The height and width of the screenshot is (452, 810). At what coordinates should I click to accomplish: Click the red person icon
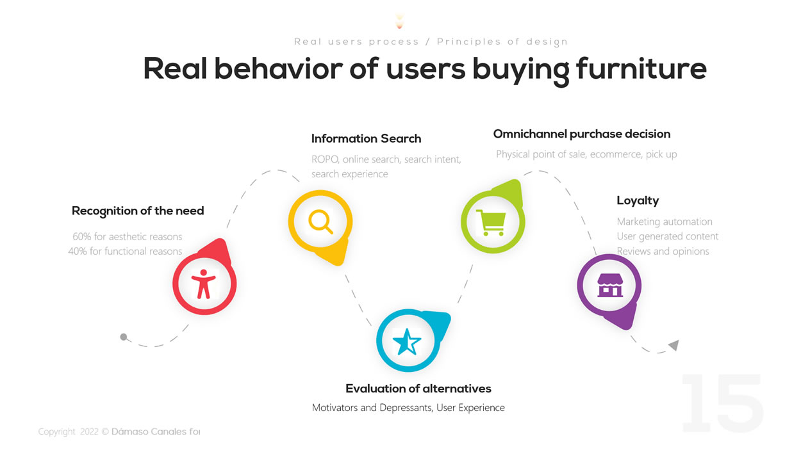(204, 284)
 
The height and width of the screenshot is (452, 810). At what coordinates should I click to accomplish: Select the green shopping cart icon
(491, 223)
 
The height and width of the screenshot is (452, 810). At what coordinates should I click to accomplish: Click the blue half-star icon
(407, 342)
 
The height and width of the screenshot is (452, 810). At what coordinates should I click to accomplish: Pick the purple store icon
(610, 285)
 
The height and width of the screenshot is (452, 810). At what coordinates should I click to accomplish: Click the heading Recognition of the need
(138, 211)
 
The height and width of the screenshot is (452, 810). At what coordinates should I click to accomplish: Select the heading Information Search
(367, 139)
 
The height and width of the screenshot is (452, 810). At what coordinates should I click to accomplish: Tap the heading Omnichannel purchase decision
(582, 134)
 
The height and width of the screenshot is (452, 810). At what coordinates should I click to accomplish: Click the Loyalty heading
(638, 201)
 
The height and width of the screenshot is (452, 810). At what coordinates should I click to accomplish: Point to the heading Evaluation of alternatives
(418, 389)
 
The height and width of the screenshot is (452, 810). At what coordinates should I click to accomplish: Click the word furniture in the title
(641, 69)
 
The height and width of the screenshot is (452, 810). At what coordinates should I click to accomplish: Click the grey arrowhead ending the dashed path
(674, 345)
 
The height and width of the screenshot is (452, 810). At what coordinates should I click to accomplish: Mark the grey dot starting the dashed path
(124, 337)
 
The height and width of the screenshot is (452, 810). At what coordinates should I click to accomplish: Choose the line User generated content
(668, 237)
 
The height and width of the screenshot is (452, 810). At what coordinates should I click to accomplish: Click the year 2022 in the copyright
(89, 432)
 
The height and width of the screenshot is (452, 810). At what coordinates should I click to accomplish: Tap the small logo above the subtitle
(400, 21)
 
